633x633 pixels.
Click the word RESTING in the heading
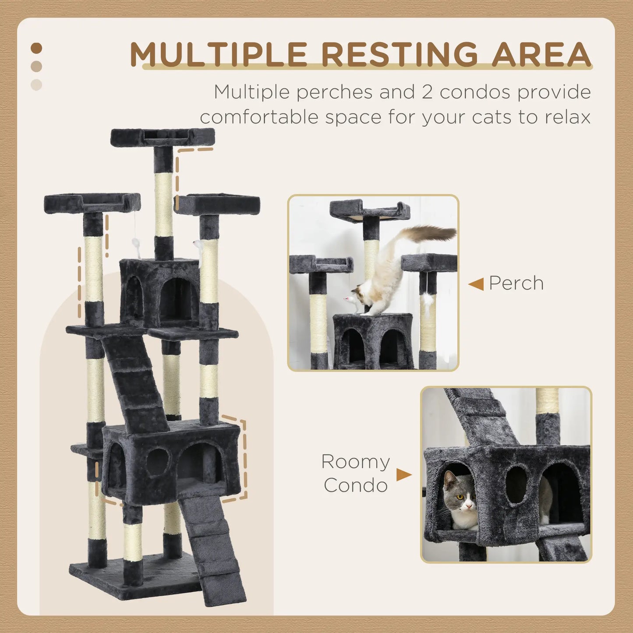[x=399, y=55]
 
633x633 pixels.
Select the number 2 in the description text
[x=427, y=92]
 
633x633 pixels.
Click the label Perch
[x=516, y=283]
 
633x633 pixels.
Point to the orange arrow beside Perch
[x=476, y=284]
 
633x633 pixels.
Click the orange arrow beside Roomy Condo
[x=403, y=474]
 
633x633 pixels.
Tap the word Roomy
[x=355, y=462]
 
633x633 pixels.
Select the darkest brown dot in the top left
[x=37, y=48]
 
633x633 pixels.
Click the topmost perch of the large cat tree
[x=163, y=137]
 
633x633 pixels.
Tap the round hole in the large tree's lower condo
[x=158, y=462]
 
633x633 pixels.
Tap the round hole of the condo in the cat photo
[x=516, y=485]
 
